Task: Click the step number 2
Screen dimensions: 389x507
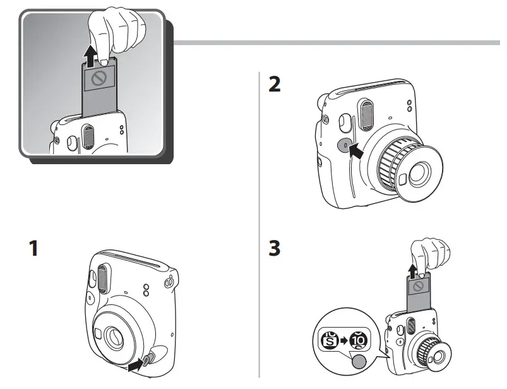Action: coord(275,85)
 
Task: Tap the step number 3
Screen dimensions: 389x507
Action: coord(275,248)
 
